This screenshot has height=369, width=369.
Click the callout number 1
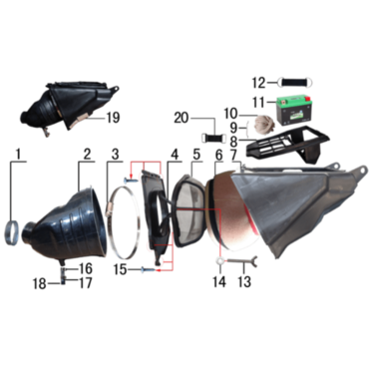18,155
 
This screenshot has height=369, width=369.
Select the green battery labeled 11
294,111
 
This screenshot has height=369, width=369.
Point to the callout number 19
113,118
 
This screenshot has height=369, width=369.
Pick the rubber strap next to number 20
213,138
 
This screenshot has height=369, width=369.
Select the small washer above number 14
220,261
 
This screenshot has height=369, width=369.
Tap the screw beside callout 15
148,270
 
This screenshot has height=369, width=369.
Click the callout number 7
234,155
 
